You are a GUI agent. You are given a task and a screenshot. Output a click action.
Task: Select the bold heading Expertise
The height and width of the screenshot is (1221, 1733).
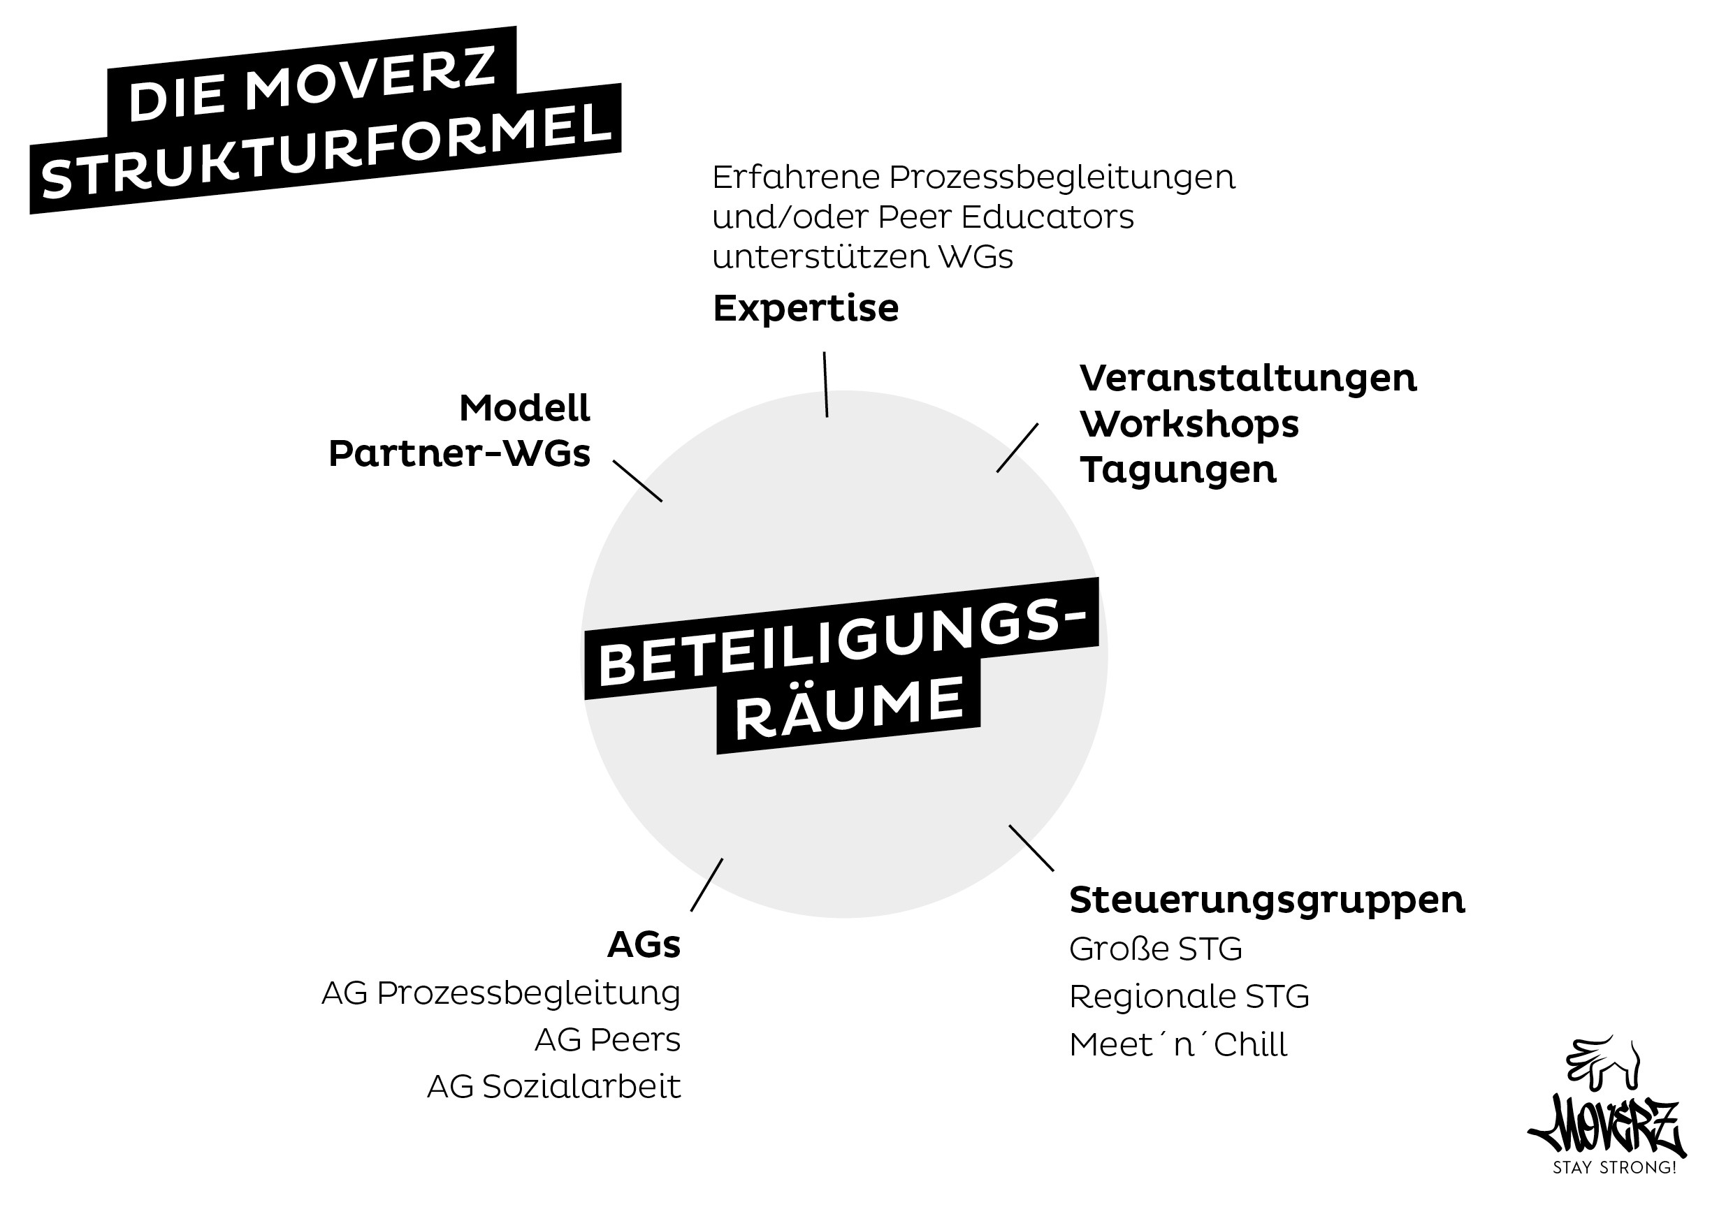tap(806, 308)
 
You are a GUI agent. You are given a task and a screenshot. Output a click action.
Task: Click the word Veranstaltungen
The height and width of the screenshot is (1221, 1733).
tap(1247, 379)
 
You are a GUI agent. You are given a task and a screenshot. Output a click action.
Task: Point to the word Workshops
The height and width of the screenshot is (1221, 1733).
tap(1189, 424)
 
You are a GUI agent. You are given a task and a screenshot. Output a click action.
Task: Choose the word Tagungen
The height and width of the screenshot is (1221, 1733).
tap(1177, 469)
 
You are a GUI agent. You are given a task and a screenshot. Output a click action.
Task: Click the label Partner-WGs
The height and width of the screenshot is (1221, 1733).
tap(459, 453)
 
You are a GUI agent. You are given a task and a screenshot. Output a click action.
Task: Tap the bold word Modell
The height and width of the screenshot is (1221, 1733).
tap(525, 408)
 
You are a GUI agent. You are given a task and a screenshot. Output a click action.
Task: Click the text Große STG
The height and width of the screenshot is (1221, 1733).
tap(1156, 949)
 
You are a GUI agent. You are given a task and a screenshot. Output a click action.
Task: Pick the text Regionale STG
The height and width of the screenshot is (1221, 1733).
tap(1189, 996)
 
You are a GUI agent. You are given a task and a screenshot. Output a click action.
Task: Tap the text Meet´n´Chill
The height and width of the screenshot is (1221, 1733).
tap(1178, 1044)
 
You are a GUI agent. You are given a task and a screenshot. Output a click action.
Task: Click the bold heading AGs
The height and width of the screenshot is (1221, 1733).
tap(644, 945)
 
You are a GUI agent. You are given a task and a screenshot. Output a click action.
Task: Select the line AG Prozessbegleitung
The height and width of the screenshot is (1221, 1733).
tap(501, 993)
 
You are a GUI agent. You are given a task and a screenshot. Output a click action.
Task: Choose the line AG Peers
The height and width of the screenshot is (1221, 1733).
tap(608, 1040)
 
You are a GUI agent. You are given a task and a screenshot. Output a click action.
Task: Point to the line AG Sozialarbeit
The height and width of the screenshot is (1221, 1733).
tap(554, 1087)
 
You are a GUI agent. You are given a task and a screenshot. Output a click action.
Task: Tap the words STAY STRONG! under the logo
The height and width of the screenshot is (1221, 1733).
tap(1614, 1167)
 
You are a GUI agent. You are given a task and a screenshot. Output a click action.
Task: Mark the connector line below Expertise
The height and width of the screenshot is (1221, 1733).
tap(826, 384)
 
